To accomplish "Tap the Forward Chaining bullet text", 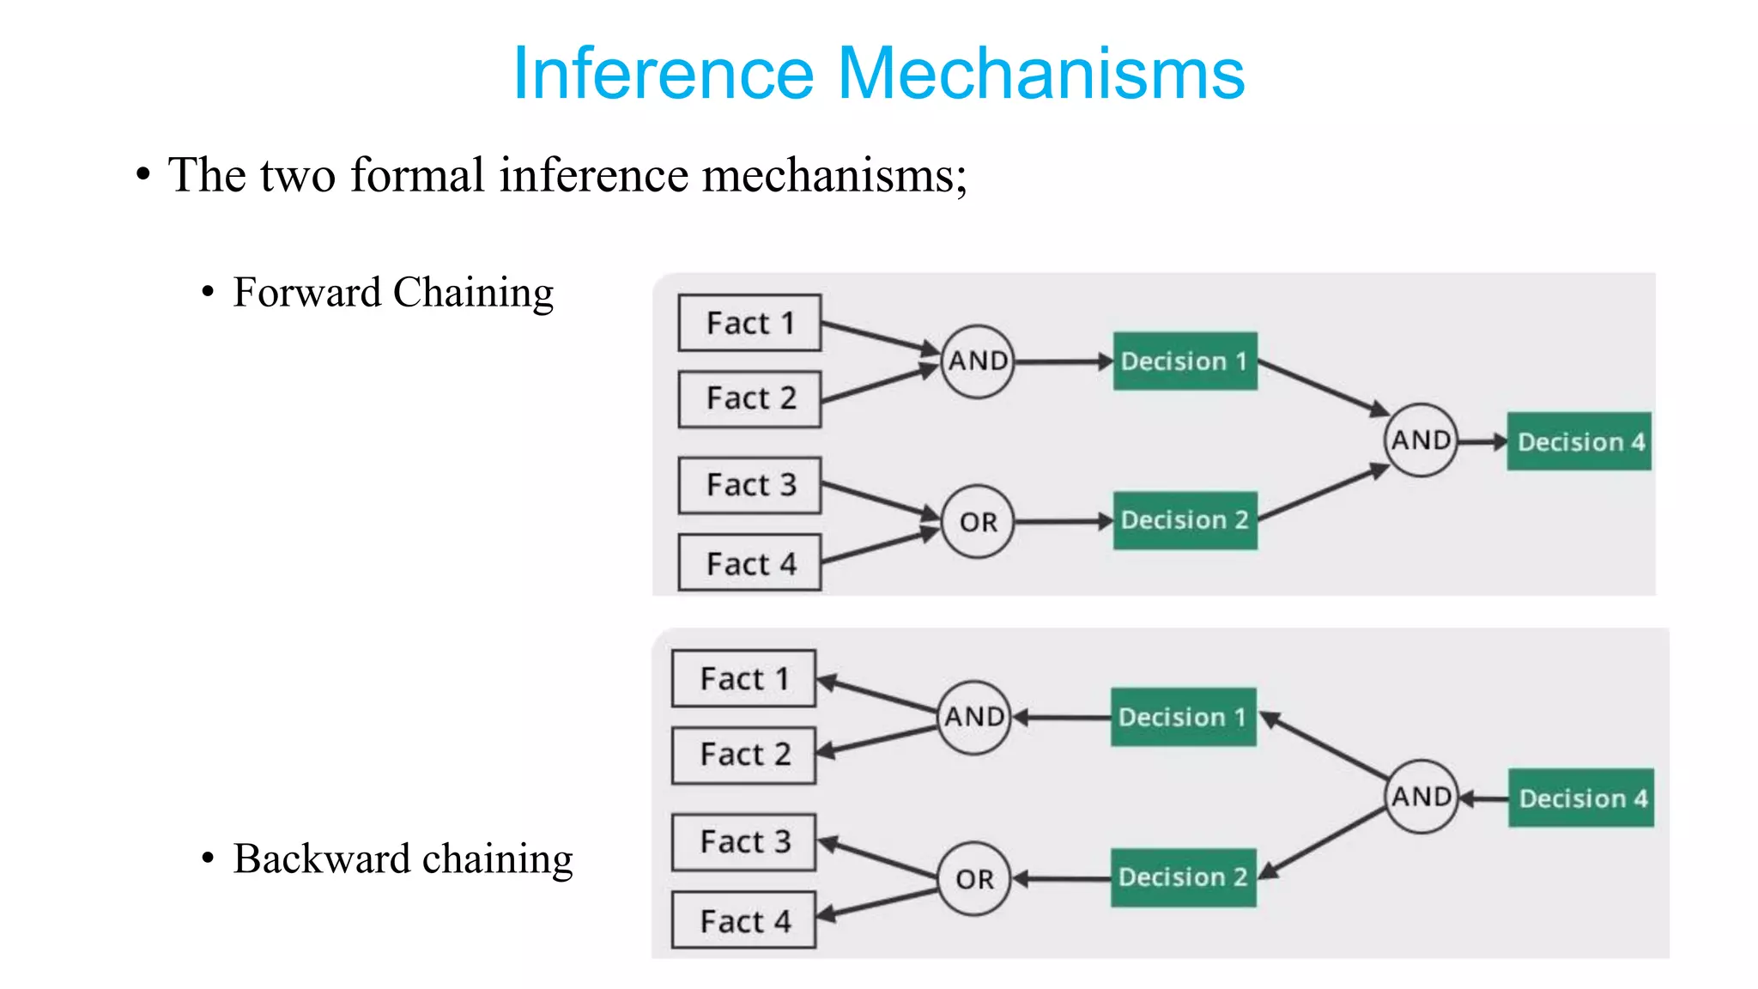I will pos(393,293).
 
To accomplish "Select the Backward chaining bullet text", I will pos(403,859).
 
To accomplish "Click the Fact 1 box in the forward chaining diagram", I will pos(749,323).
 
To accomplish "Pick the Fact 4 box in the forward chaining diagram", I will pos(749,563).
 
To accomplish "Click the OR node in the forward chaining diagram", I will pos(978,522).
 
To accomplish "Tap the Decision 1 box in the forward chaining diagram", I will pos(1185,361).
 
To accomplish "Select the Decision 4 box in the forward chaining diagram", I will pos(1579,442).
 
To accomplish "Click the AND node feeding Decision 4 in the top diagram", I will pos(1421,440).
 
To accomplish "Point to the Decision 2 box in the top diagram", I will pos(1185,520).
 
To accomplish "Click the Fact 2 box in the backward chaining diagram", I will pos(743,755).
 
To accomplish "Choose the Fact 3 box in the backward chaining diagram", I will pos(743,842).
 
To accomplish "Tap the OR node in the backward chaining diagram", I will pos(974,879).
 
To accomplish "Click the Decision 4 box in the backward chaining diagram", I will pos(1581,798).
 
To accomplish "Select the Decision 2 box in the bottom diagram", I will pos(1183,877).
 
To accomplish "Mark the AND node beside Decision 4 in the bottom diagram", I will pos(1422,797).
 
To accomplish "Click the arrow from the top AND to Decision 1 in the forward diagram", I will pos(1063,361).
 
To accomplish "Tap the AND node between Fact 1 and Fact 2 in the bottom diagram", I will pos(973,717).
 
